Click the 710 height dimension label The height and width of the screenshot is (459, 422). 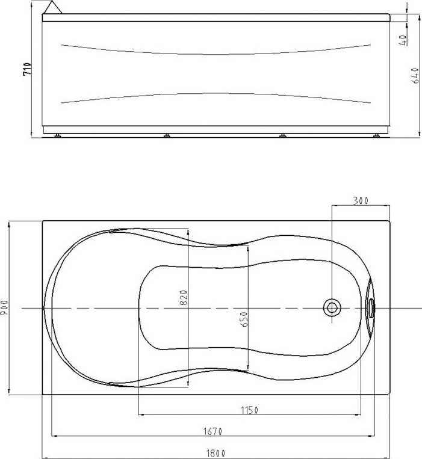tap(26, 69)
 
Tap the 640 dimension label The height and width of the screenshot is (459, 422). tap(415, 76)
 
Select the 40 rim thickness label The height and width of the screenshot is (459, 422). tap(403, 40)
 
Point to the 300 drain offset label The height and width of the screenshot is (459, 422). tap(361, 201)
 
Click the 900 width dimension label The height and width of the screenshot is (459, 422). tap(5, 307)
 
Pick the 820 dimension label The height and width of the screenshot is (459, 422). tap(184, 297)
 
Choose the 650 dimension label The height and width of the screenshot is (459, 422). tap(244, 319)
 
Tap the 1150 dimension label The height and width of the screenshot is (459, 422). tap(249, 410)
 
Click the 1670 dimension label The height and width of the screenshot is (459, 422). tap(213, 431)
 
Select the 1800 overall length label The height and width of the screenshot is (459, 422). tap(216, 454)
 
